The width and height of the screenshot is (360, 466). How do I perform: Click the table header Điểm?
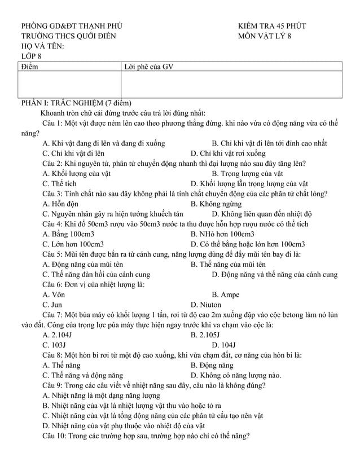(x=30, y=67)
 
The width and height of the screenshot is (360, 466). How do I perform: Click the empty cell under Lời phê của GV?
(x=232, y=84)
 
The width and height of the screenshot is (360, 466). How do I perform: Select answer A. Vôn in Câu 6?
(x=54, y=294)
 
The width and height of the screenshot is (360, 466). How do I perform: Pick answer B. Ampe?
(x=225, y=294)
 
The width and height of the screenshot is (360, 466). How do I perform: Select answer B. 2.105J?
(x=208, y=335)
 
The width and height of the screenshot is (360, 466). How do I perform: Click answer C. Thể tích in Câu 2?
(x=59, y=183)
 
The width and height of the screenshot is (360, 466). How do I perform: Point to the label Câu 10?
(x=54, y=436)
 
